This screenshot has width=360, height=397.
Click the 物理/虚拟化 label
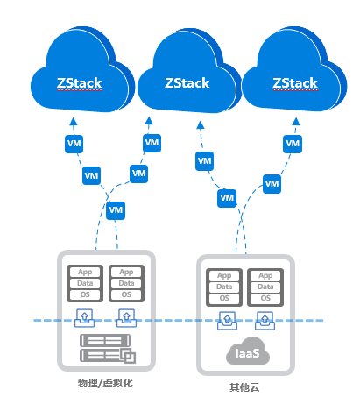(105, 383)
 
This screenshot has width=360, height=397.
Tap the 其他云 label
(244, 387)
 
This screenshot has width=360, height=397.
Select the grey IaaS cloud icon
(248, 351)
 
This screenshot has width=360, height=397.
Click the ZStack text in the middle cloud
(187, 83)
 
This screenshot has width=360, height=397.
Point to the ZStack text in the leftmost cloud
(80, 83)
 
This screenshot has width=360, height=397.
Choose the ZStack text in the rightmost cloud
(295, 83)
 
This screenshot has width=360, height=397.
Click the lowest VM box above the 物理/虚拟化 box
(116, 210)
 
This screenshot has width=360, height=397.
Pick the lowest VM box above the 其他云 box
(227, 198)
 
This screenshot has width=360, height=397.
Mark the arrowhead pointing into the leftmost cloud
(74, 122)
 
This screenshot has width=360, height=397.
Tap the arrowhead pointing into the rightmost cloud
(296, 122)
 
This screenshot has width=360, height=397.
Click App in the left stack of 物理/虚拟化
(85, 272)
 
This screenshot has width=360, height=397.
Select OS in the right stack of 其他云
(265, 298)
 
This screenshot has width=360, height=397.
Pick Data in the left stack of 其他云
(224, 287)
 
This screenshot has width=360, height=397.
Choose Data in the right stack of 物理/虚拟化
(126, 283)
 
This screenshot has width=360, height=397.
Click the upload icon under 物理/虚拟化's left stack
(85, 318)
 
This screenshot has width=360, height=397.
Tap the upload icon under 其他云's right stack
(265, 321)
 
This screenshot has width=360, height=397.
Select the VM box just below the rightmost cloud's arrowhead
(293, 144)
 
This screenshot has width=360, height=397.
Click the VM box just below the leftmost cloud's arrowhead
(74, 144)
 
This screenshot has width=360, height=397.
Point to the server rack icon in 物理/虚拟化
(108, 349)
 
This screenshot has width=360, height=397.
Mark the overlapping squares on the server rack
(128, 356)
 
